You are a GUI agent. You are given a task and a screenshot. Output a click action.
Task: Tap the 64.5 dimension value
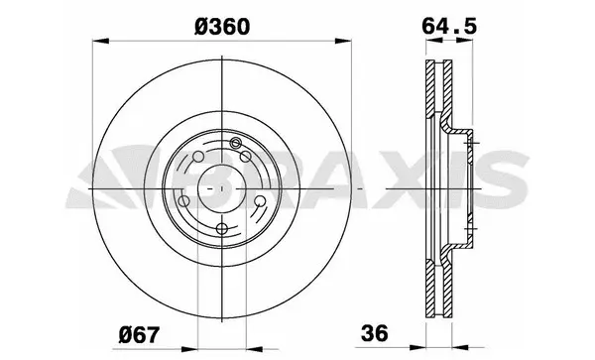tap(444, 23)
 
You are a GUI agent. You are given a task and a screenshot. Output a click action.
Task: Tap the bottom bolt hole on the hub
tap(223, 231)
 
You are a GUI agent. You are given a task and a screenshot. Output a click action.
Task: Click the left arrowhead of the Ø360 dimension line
tap(97, 42)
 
